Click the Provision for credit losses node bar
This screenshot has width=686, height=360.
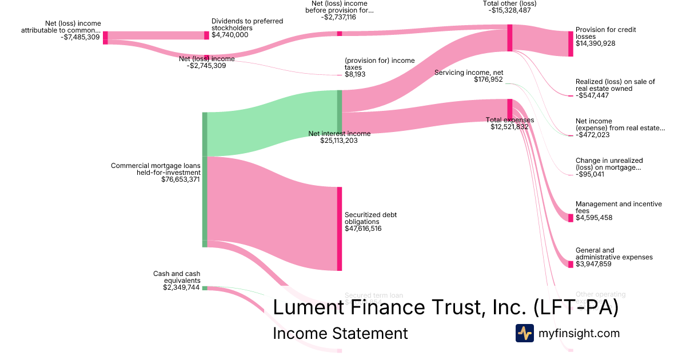coord(571,43)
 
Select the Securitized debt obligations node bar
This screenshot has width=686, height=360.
coord(340,229)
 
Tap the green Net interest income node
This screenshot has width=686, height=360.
coord(340,111)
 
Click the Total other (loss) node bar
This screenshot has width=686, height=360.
coord(509,38)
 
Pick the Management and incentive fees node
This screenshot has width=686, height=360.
coord(571,218)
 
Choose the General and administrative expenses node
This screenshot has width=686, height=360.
coord(571,264)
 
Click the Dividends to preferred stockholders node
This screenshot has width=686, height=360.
coord(207,35)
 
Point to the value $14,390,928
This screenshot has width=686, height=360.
coord(595,43)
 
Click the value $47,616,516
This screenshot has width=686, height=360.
coord(363,229)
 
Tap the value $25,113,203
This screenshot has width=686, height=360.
coord(339,141)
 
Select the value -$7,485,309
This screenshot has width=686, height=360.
coord(80,38)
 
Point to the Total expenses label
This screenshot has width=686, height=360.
coord(509,120)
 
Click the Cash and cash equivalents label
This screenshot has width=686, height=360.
coord(177,277)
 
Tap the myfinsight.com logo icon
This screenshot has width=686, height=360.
coord(524,333)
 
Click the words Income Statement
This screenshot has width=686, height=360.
coord(340,333)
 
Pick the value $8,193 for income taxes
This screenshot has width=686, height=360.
coord(355,74)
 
